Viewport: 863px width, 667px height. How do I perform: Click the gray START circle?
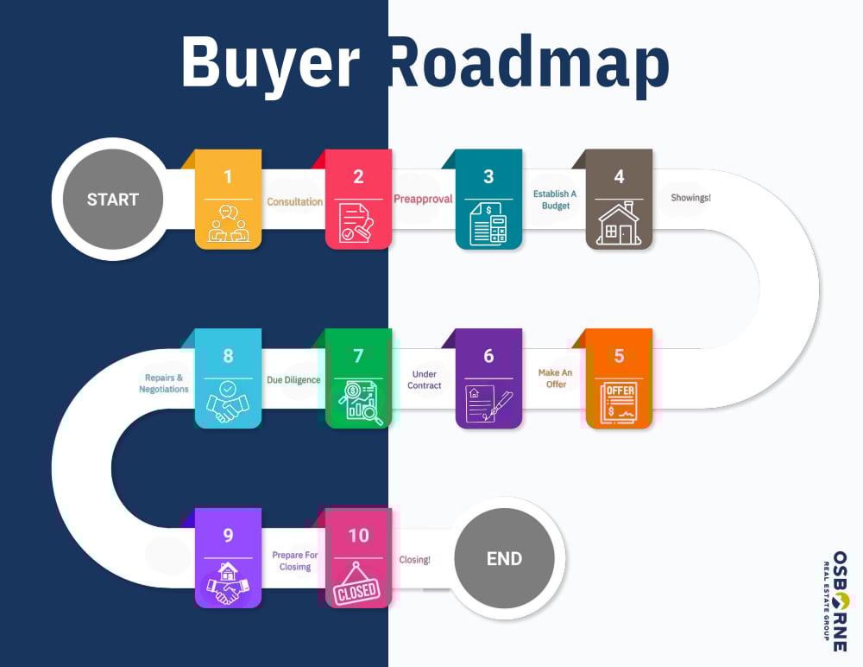pos(112,200)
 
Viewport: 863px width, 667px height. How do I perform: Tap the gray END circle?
pos(504,558)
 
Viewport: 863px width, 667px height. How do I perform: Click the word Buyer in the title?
pos(269,62)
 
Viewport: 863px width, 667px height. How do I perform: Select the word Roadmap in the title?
pos(528,62)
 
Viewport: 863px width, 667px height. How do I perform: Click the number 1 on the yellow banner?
pos(228,177)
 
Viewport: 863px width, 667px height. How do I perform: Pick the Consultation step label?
pos(294,202)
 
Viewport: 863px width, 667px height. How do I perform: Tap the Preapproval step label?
pos(423,199)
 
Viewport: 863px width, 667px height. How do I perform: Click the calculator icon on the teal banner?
pos(488,224)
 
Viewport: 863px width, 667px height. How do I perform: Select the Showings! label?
pos(690,198)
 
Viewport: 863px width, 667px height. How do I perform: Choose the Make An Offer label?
pos(555,378)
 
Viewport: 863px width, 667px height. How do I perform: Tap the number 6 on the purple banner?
pos(488,356)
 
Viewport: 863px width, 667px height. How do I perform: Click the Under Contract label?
pos(424,380)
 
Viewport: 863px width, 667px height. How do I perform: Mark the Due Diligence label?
pos(293,379)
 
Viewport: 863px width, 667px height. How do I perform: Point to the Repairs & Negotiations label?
pos(164,384)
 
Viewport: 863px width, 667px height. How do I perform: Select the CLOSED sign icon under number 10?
pos(357,584)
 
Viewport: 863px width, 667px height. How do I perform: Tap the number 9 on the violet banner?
pos(228,536)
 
